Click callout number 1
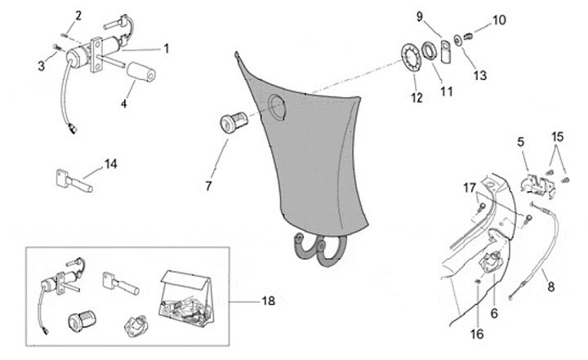tap(166, 48)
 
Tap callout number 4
tap(124, 104)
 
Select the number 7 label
tap(208, 187)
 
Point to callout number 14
tap(111, 164)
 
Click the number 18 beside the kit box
tap(268, 301)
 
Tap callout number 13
tap(479, 75)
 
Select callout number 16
tap(478, 334)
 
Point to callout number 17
tap(470, 188)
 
